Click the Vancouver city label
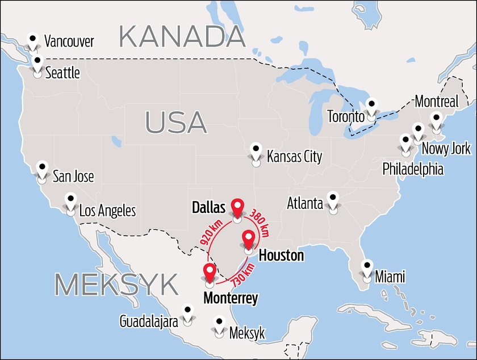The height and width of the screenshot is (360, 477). click(69, 41)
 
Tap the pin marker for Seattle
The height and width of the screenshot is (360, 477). click(37, 65)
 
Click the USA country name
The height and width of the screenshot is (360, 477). click(175, 122)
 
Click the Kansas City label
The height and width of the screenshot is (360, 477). click(294, 157)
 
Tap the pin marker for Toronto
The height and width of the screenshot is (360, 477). click(371, 110)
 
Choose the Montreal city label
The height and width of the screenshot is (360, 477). click(436, 102)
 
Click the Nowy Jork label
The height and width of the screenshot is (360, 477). click(446, 149)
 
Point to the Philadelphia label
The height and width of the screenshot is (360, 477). click(413, 169)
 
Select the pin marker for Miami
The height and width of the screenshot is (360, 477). click(367, 269)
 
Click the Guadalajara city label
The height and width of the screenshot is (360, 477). click(149, 321)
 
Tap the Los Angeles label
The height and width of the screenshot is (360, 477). click(107, 211)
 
